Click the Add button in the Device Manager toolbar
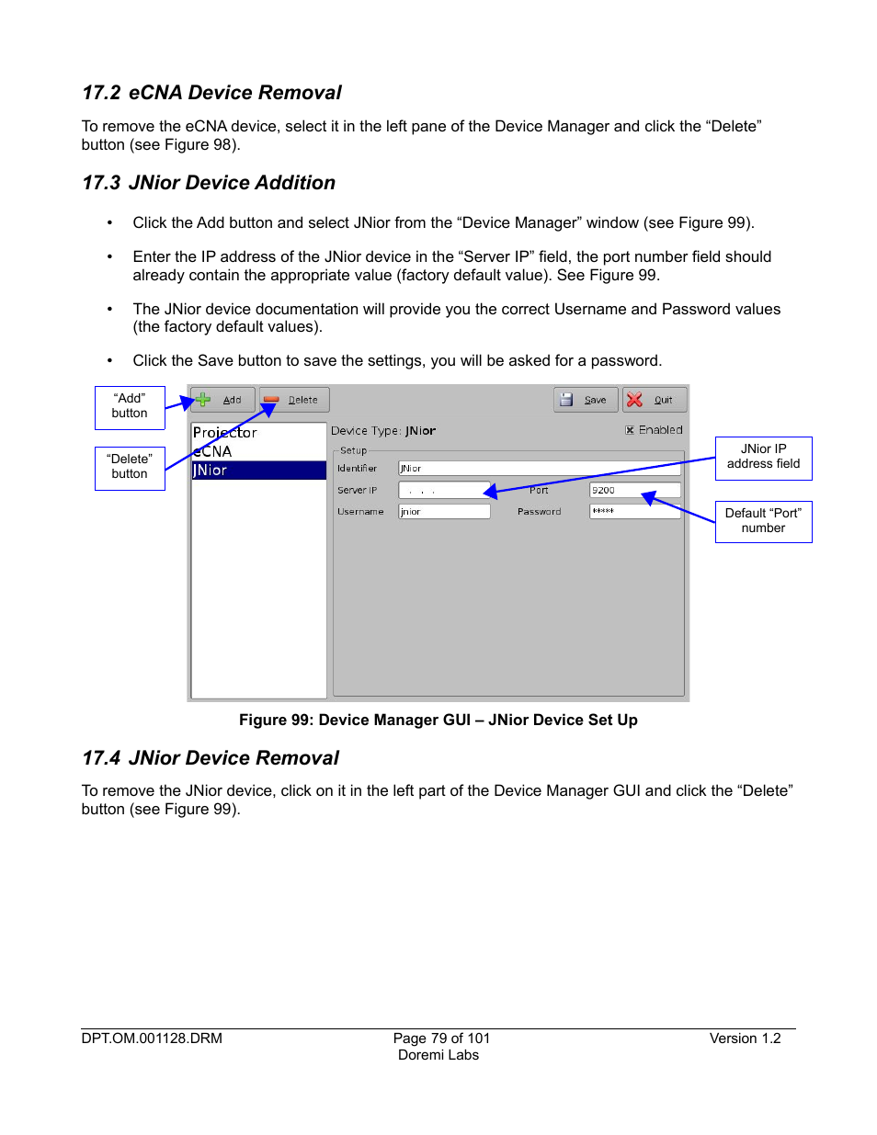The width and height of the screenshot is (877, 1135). pyautogui.click(x=222, y=400)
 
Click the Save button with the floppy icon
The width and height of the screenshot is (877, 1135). pyautogui.click(x=586, y=400)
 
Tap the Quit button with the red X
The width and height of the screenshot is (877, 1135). pyautogui.click(x=655, y=400)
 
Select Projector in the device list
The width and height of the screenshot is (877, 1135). pyautogui.click(x=225, y=432)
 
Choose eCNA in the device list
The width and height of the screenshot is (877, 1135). pyautogui.click(x=213, y=451)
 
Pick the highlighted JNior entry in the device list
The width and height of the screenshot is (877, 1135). pyautogui.click(x=257, y=471)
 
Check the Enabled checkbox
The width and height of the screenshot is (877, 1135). pyautogui.click(x=630, y=430)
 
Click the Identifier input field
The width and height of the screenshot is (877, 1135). pyautogui.click(x=539, y=468)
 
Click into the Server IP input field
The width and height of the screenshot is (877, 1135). pyautogui.click(x=444, y=490)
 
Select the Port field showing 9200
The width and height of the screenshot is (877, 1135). pyautogui.click(x=634, y=490)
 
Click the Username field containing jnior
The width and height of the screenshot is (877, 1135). pyautogui.click(x=444, y=511)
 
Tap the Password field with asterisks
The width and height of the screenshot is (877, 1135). pyautogui.click(x=634, y=511)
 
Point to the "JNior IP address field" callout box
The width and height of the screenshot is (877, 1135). pyautogui.click(x=763, y=457)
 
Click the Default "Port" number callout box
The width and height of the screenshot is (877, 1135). pyautogui.click(x=763, y=521)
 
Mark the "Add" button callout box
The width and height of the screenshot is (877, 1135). pyautogui.click(x=130, y=406)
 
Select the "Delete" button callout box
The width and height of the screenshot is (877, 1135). pyautogui.click(x=130, y=467)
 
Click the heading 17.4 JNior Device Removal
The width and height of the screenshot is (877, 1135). pyautogui.click(x=211, y=758)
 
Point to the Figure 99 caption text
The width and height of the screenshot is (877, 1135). pyautogui.click(x=438, y=721)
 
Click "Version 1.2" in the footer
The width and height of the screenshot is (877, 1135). pyautogui.click(x=745, y=1039)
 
